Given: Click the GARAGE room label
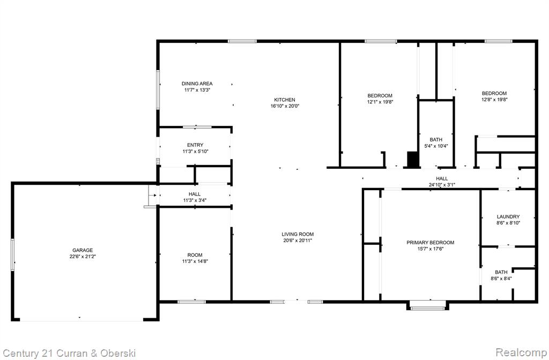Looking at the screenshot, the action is click(83, 250).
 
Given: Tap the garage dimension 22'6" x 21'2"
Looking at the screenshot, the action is click(83, 257).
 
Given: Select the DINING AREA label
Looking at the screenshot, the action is click(197, 84).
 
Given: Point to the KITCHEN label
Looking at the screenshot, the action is click(285, 100).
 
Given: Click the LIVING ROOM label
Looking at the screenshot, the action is click(298, 234).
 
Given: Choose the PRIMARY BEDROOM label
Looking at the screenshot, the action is click(431, 243).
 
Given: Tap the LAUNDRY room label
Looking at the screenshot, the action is click(508, 216).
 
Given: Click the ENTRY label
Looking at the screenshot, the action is click(195, 145).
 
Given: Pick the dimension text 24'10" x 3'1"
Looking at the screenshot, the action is click(442, 185).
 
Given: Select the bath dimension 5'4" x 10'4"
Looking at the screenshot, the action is click(436, 146).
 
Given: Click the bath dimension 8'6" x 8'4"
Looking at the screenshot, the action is click(501, 279).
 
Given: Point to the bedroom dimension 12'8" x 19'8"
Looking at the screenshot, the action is click(494, 99).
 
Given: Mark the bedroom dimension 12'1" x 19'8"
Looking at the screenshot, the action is click(380, 102).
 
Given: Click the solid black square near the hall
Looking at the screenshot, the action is click(413, 159).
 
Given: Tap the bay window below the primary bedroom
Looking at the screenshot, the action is click(427, 306).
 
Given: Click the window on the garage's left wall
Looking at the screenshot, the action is click(13, 254).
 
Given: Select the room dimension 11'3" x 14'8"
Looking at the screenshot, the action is click(195, 261).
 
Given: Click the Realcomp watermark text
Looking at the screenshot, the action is click(521, 352).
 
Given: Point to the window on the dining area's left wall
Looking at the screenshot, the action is click(158, 89).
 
